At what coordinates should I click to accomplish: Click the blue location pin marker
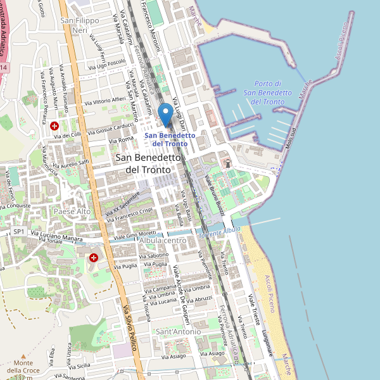(x=165, y=115)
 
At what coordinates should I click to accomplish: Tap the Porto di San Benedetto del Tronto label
(x=267, y=92)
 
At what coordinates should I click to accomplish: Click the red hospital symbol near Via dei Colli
(x=55, y=126)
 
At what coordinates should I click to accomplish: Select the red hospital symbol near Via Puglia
(x=94, y=258)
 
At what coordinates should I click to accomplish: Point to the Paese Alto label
(x=72, y=211)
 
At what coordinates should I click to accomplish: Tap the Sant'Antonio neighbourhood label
(x=178, y=331)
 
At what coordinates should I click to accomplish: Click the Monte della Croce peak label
(x=23, y=370)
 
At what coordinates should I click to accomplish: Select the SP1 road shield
(x=18, y=232)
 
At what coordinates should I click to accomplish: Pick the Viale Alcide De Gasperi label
(x=186, y=291)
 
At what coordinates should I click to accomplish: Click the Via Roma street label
(x=121, y=139)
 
